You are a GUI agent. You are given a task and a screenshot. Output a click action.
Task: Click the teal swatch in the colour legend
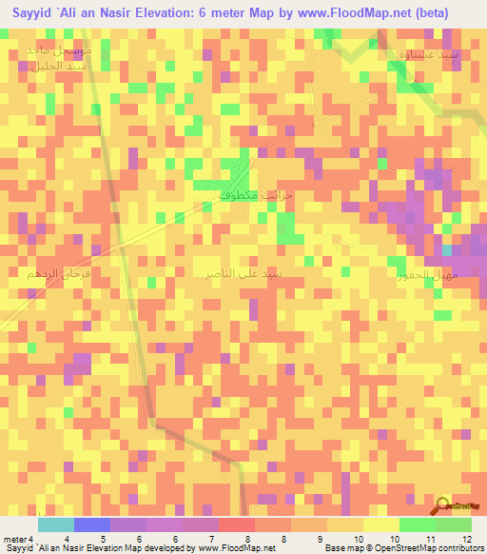coord(55,524)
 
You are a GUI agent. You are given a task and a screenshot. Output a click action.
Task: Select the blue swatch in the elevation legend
coord(91,524)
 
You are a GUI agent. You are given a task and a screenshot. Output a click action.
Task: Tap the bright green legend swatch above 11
coord(417,524)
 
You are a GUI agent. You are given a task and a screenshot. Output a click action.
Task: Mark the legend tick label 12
coord(467,540)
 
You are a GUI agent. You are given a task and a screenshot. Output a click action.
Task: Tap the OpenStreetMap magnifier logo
coord(444,507)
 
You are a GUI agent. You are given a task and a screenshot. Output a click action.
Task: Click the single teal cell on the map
coord(447,250)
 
